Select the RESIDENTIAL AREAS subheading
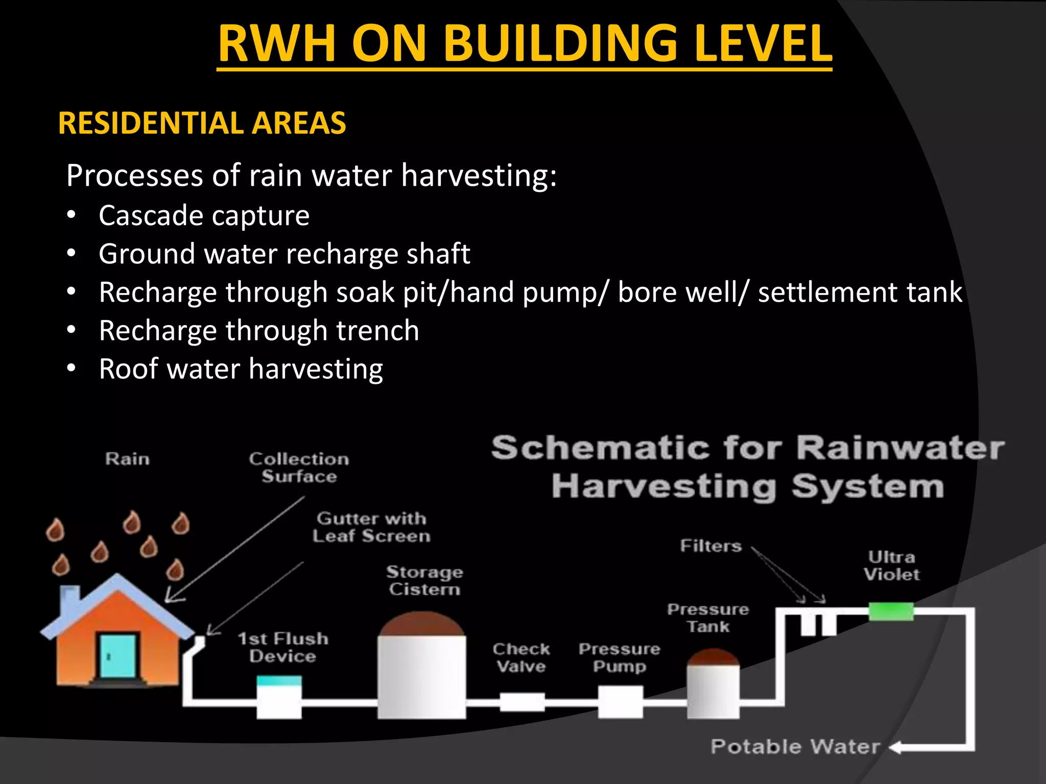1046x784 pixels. click(202, 124)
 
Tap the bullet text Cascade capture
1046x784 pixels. click(204, 215)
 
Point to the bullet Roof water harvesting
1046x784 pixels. click(241, 369)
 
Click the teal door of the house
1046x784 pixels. click(118, 656)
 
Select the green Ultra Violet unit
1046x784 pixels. click(891, 611)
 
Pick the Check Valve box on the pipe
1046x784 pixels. click(521, 702)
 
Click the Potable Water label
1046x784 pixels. click(795, 747)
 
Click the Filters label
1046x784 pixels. click(710, 546)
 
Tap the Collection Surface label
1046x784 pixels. click(299, 468)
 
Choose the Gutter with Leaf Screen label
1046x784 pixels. click(371, 527)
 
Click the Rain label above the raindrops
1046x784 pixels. click(127, 459)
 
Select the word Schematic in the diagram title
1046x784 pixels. click(601, 448)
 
